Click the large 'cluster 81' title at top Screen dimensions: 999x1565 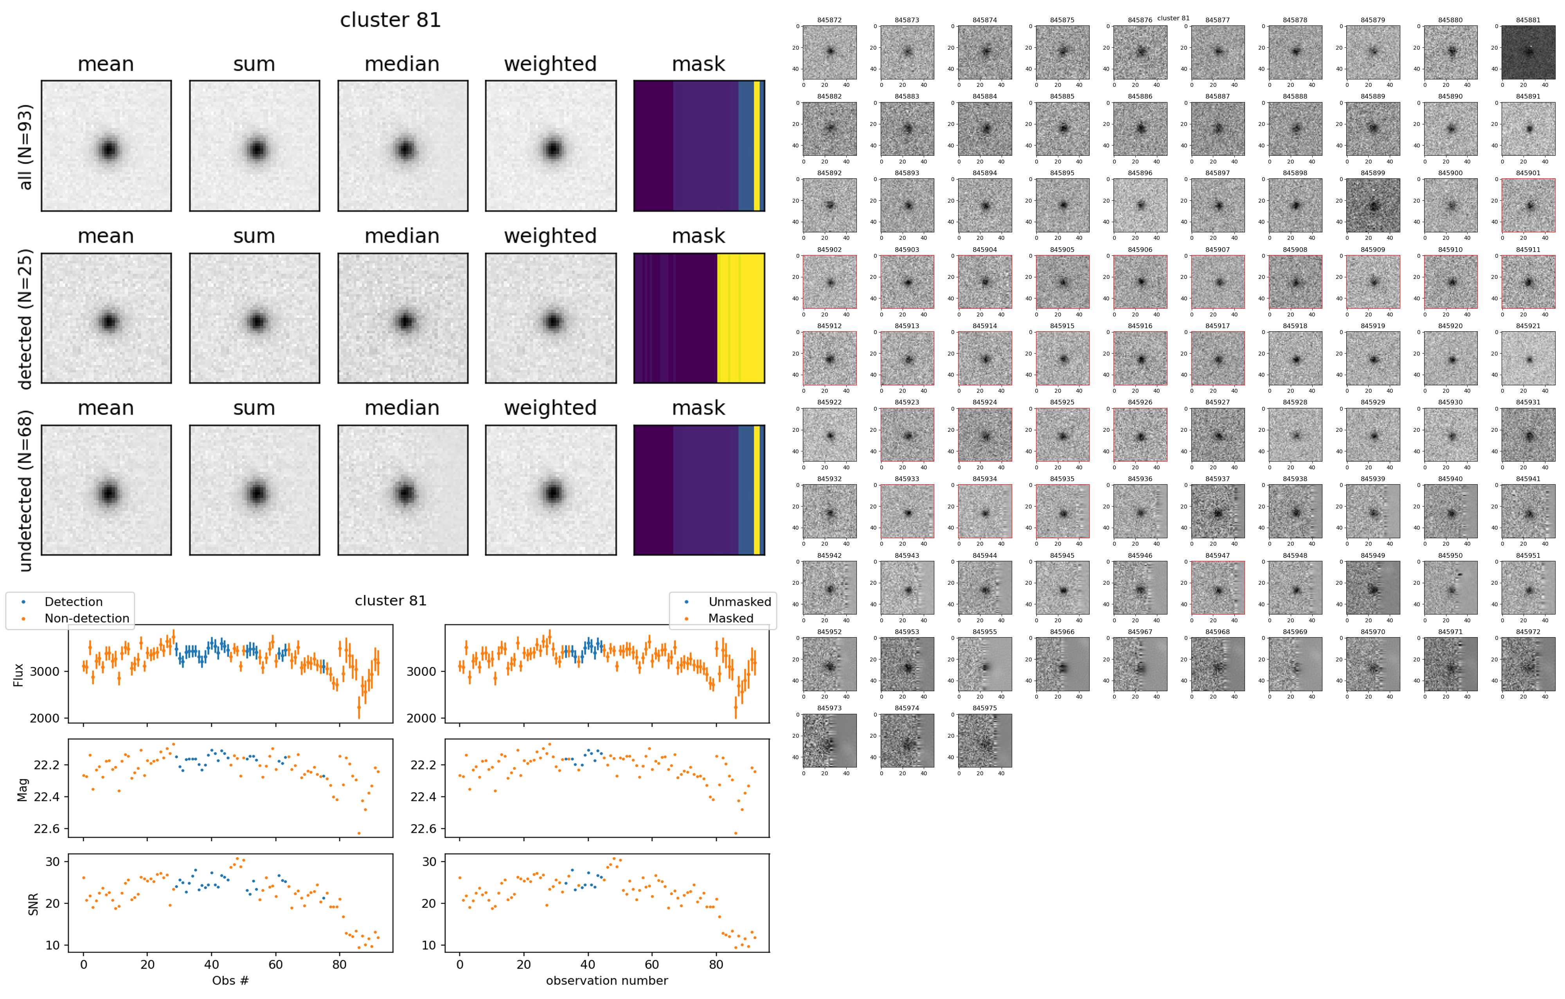(x=390, y=20)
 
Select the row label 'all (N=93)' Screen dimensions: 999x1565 (x=25, y=147)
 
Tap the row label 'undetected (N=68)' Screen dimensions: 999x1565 (x=25, y=491)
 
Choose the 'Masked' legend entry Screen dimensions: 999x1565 (x=730, y=618)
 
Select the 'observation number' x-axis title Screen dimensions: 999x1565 (x=606, y=980)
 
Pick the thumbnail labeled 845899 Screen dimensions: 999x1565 (x=1373, y=205)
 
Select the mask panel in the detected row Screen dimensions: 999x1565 (x=699, y=318)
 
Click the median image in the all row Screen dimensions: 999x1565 (x=402, y=146)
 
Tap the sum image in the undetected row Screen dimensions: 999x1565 (x=254, y=491)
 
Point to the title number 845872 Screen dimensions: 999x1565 (x=829, y=20)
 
